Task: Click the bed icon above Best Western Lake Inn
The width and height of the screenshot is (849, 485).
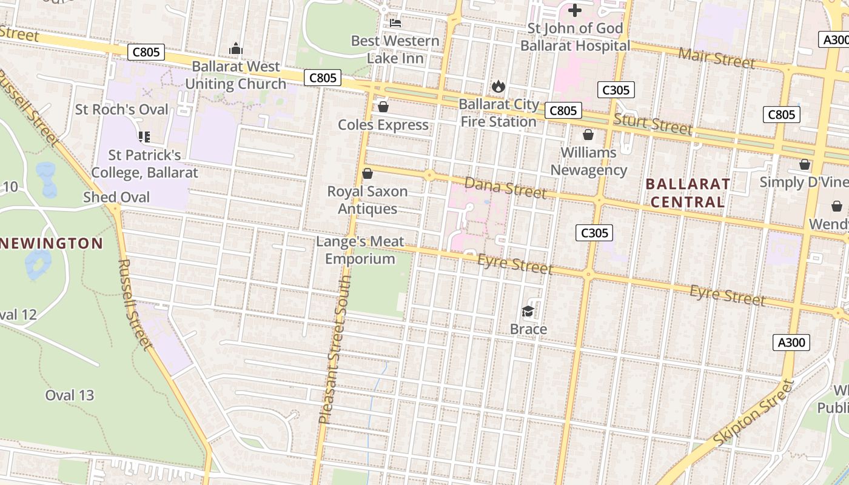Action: [x=395, y=23]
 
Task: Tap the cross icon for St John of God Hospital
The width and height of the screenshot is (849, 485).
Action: [x=574, y=10]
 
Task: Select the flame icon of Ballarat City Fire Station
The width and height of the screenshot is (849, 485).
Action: [x=498, y=86]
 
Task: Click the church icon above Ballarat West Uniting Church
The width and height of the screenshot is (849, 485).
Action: [x=236, y=48]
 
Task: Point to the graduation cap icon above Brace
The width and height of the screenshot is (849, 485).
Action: [x=528, y=312]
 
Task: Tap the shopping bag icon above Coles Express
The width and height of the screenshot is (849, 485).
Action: [x=383, y=107]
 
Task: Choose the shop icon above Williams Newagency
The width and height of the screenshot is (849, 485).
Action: [x=588, y=135]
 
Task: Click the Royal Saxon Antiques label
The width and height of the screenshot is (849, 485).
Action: [x=367, y=200]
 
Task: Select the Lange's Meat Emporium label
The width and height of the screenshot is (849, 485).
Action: [x=360, y=250]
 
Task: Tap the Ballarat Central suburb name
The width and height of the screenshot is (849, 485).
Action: [x=688, y=193]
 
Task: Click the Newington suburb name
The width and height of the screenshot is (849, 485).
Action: [x=51, y=244]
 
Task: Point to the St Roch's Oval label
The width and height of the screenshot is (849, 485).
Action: [x=122, y=110]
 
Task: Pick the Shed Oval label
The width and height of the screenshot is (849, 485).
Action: [x=116, y=197]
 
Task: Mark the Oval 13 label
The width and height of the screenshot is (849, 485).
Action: [x=70, y=395]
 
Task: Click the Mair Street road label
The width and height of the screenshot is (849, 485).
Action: [x=717, y=58]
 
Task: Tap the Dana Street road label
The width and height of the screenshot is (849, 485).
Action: [x=505, y=188]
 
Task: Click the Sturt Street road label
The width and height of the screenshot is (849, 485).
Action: [x=653, y=124]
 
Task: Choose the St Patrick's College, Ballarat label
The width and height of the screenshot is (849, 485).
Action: [x=144, y=164]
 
